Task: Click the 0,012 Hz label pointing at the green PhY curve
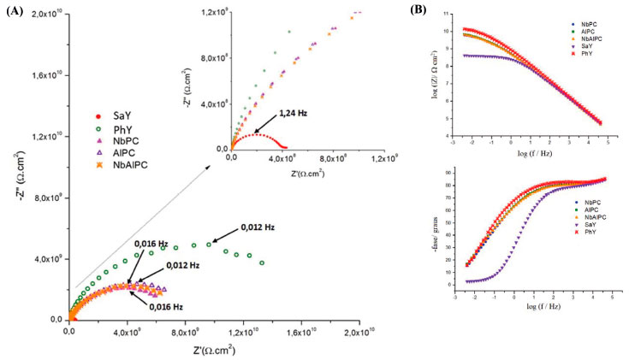pos(256,227)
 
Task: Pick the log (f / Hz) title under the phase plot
pos(539,305)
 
